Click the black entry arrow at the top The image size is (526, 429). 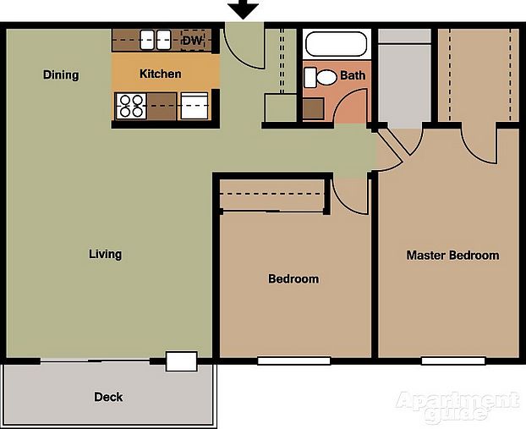(x=244, y=9)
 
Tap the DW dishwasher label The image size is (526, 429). (x=192, y=40)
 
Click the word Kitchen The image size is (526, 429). (x=160, y=74)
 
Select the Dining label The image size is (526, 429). (x=61, y=74)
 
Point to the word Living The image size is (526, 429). (x=106, y=254)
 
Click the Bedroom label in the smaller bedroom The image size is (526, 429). (x=293, y=278)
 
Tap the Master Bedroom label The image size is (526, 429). (x=452, y=255)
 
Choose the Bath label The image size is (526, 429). (x=353, y=75)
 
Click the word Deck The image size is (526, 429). (x=108, y=396)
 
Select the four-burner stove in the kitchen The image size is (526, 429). (x=131, y=106)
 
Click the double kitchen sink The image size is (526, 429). (x=156, y=39)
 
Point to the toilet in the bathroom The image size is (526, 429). (x=324, y=77)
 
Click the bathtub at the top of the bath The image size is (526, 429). (x=337, y=44)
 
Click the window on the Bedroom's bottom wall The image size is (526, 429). (x=293, y=360)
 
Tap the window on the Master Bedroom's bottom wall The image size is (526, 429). (x=452, y=360)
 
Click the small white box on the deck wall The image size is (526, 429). (x=181, y=361)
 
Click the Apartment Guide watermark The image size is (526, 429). (x=457, y=406)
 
